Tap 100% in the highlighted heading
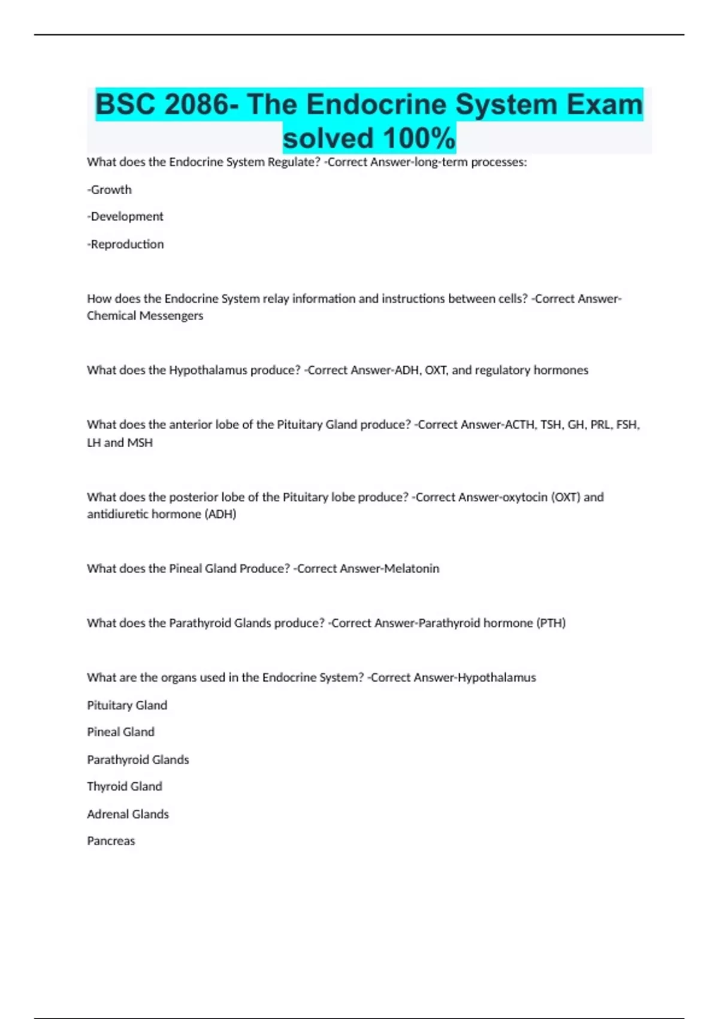419,138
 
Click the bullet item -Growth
109,189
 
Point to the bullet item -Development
125,216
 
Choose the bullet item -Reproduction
125,244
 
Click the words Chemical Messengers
145,316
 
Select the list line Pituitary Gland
127,706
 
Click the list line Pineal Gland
120,732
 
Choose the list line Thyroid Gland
125,786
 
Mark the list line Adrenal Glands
128,814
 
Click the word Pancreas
111,841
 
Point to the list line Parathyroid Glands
138,759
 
